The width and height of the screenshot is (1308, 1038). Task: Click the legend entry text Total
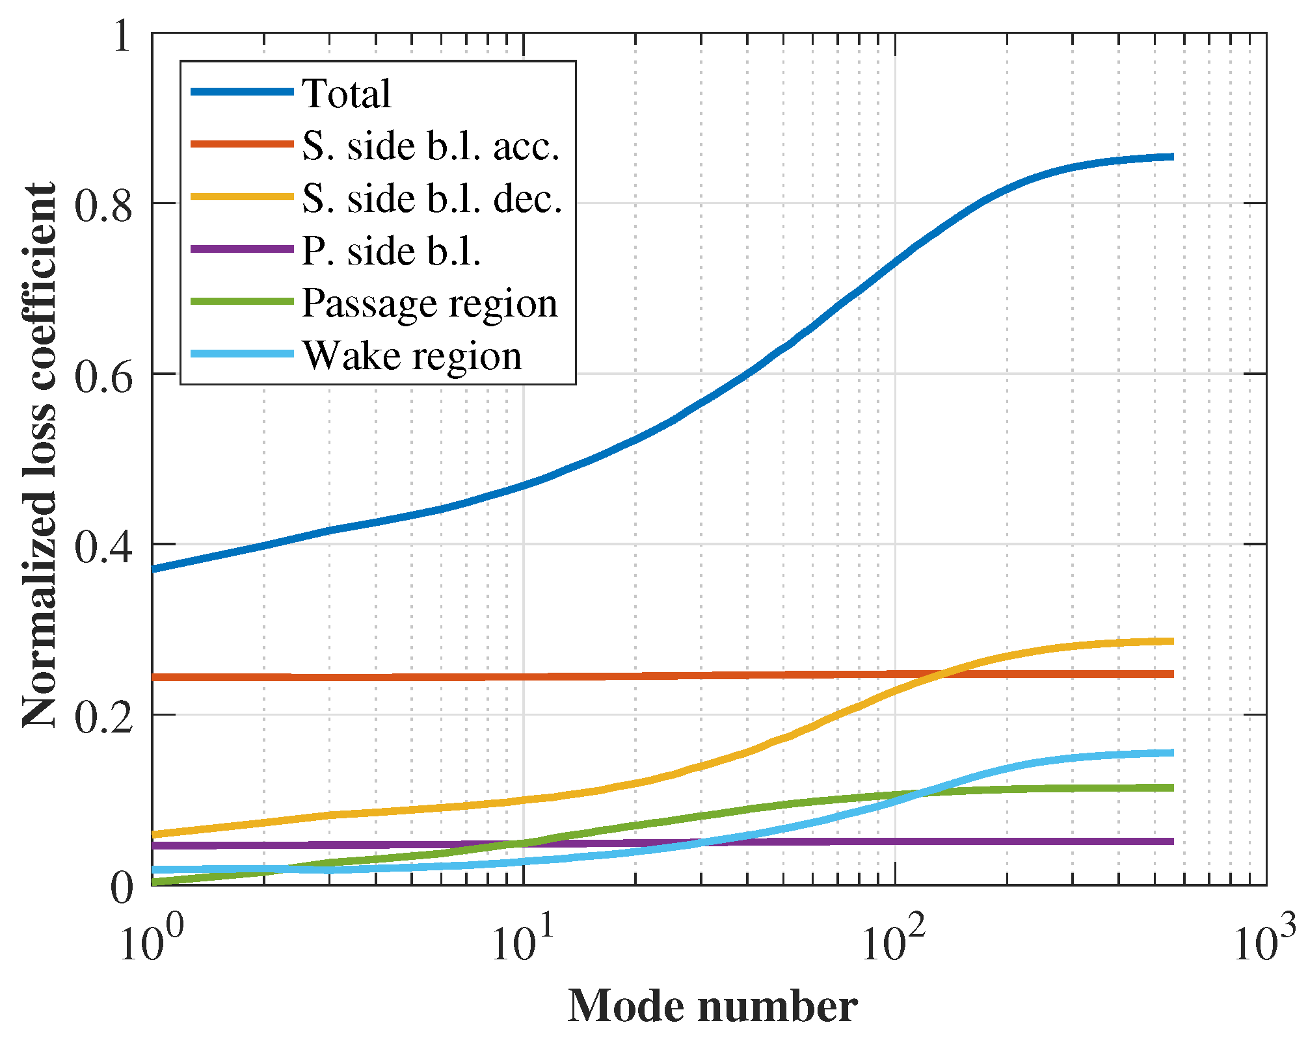(346, 94)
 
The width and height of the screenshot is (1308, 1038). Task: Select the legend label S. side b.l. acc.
(431, 146)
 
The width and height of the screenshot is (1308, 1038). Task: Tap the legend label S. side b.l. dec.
(432, 198)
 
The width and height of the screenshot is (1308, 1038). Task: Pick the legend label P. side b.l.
(391, 251)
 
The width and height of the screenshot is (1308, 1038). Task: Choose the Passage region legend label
(429, 304)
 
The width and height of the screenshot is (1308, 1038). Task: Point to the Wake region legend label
(412, 356)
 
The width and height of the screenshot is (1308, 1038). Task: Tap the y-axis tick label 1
(122, 35)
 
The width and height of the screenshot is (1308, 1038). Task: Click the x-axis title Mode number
(712, 1006)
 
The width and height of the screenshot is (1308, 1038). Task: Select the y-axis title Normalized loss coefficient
(40, 455)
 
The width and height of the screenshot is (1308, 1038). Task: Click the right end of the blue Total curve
(1172, 157)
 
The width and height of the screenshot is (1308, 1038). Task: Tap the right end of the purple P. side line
(1172, 842)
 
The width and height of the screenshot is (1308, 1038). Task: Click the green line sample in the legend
(242, 302)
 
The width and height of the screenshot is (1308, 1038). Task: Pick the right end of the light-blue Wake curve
(1172, 753)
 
